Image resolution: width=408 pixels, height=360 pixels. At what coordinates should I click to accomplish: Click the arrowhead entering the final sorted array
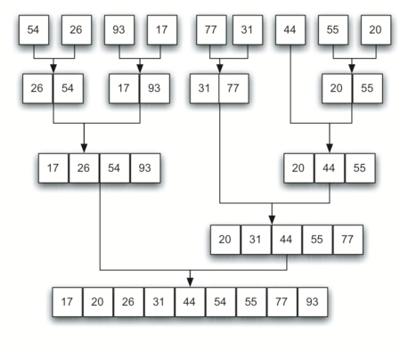pyautogui.click(x=190, y=282)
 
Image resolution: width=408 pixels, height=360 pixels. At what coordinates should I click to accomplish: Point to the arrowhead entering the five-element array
pyautogui.click(x=272, y=220)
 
